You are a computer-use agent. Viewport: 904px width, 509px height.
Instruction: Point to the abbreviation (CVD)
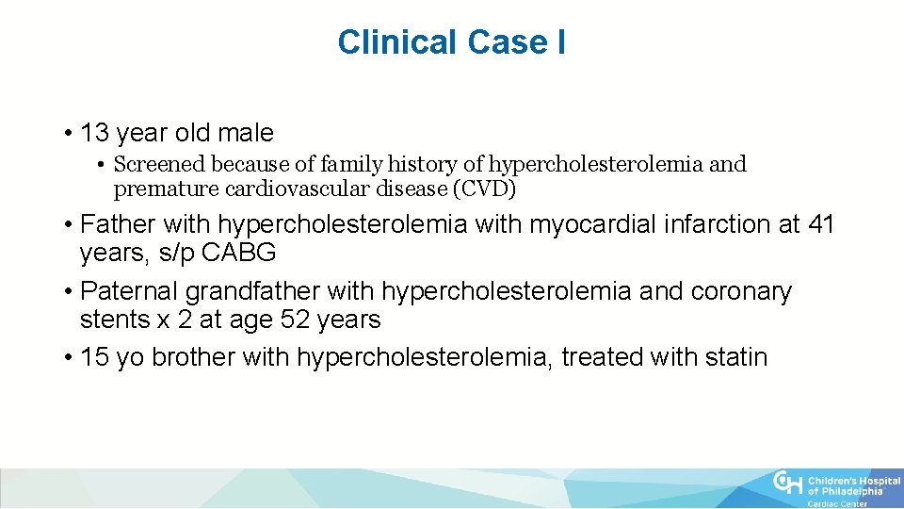[x=484, y=189]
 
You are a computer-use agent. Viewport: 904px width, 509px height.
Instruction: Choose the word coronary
[x=742, y=292]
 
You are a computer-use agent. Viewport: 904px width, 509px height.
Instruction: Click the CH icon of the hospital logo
[x=786, y=483]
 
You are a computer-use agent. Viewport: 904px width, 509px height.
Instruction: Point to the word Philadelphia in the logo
[x=851, y=491]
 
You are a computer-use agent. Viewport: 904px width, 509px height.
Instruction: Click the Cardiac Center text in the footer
[x=837, y=504]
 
